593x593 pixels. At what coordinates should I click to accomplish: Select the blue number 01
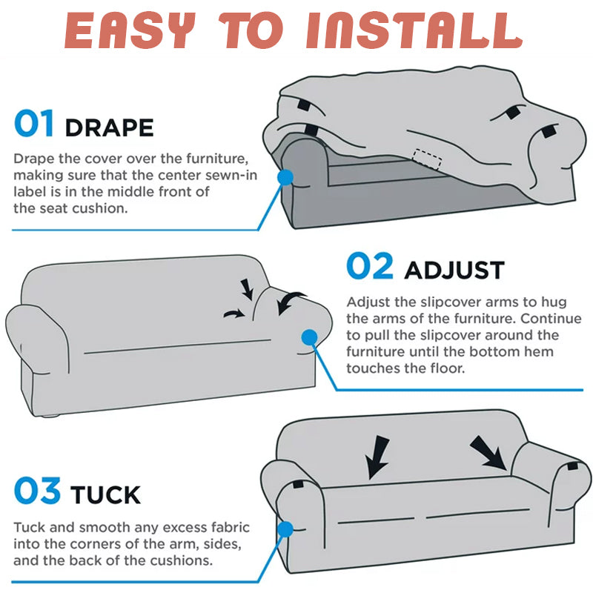(x=34, y=123)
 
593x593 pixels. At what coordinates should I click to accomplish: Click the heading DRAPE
(x=109, y=127)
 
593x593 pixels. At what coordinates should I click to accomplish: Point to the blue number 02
(x=370, y=266)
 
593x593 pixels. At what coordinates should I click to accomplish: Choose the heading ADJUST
(x=454, y=270)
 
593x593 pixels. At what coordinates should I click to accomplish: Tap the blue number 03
(x=37, y=490)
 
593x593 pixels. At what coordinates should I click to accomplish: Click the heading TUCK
(x=105, y=494)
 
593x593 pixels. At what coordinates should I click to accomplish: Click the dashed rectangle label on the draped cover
(x=428, y=159)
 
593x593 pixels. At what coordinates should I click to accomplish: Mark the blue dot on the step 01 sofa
(x=285, y=177)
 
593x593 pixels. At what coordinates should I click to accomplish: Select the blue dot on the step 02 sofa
(x=309, y=337)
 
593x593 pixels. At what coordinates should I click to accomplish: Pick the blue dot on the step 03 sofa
(x=285, y=529)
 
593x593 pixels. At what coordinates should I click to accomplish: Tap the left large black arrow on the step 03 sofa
(x=377, y=457)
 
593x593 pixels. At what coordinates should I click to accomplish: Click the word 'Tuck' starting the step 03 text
(x=29, y=527)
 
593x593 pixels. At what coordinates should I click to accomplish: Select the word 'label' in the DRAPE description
(x=30, y=192)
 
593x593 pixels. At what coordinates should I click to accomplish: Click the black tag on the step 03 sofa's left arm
(x=298, y=484)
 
